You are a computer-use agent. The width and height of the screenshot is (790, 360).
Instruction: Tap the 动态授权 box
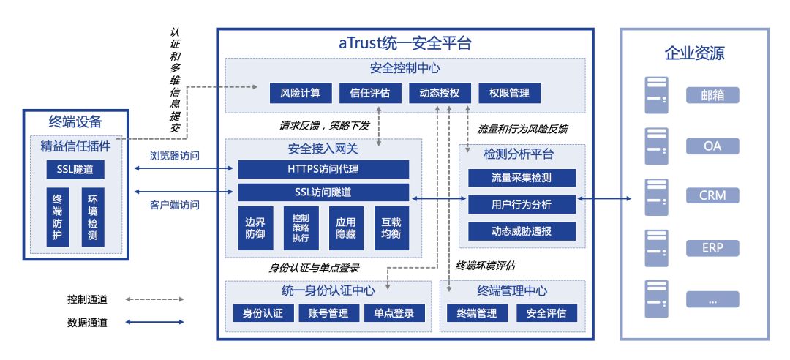point(439,93)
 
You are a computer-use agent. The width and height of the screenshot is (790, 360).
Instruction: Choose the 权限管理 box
point(509,93)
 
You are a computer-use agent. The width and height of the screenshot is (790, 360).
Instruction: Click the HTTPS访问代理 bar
point(323,169)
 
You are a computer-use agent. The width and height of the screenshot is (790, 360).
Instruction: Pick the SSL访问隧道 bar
point(323,192)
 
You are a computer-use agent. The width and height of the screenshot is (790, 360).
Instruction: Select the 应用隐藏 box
point(345,228)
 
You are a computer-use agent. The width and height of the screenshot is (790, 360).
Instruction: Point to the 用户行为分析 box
point(522,204)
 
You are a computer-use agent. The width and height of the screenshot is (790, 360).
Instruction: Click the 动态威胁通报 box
point(522,231)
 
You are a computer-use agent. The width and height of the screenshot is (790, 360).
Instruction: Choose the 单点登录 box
point(394,313)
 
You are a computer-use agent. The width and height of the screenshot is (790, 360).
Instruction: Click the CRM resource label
point(712,196)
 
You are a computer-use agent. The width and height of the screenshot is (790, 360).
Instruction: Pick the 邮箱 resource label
point(712,95)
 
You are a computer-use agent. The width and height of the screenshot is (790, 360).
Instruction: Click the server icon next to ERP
point(656,247)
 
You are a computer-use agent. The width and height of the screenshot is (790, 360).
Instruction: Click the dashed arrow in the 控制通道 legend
point(154,299)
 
